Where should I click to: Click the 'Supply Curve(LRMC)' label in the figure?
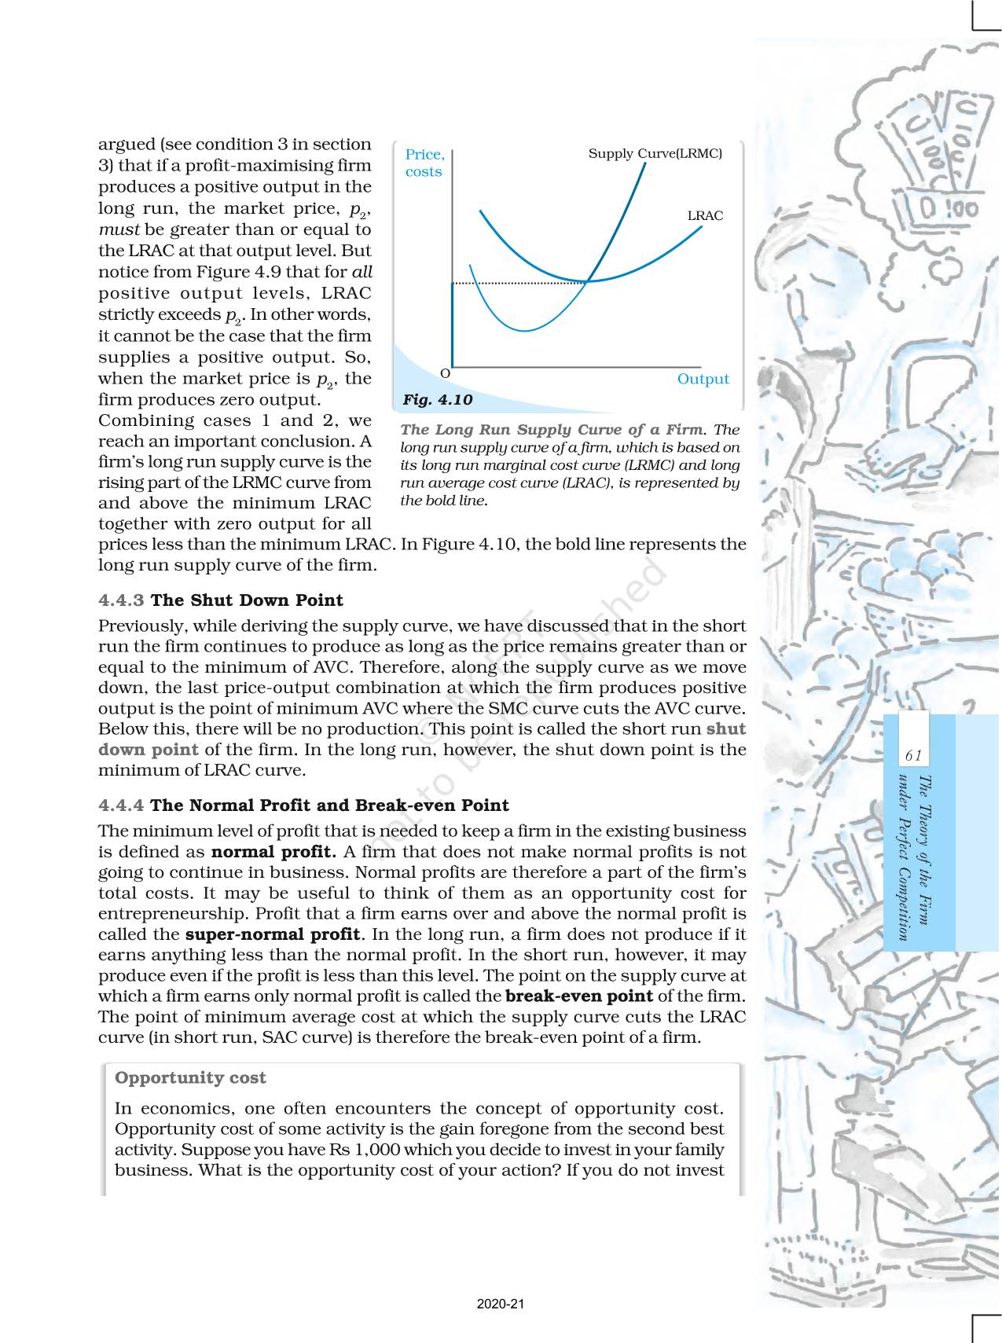click(x=655, y=154)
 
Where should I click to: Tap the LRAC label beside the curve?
click(x=705, y=216)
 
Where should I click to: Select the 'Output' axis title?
click(x=703, y=380)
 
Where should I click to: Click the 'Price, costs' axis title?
click(x=424, y=163)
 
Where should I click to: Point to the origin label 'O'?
click(x=445, y=373)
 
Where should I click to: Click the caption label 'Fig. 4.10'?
click(x=438, y=400)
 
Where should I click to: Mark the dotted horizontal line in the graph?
click(x=519, y=282)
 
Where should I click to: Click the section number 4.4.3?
click(x=121, y=600)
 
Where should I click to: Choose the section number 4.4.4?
click(x=121, y=805)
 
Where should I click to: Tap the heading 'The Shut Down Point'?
click(x=247, y=600)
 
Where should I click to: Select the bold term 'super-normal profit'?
click(x=273, y=935)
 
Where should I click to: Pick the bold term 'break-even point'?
click(x=579, y=996)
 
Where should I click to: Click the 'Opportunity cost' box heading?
click(x=190, y=1078)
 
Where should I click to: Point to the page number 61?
click(x=912, y=756)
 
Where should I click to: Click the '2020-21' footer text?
click(x=501, y=1304)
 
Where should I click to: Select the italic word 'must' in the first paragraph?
click(x=118, y=230)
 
